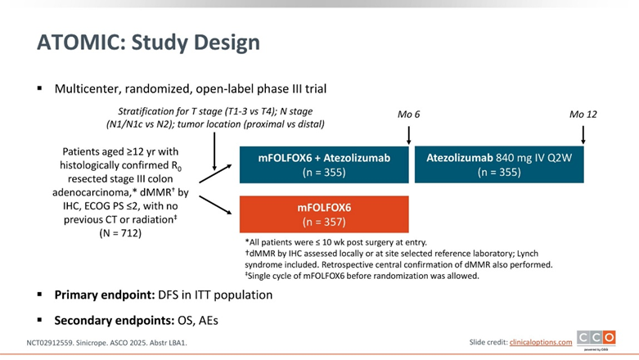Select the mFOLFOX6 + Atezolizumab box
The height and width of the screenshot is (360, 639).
pos(324,164)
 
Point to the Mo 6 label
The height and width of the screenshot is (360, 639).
pos(409,114)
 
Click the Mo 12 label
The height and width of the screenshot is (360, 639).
pos(583,114)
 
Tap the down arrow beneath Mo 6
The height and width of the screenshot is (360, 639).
pos(409,133)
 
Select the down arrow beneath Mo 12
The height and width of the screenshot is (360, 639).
pos(583,133)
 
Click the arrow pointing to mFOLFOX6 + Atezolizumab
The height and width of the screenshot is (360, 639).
pos(215,170)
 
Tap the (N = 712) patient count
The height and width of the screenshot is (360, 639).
pos(121,233)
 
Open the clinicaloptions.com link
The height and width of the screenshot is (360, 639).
pos(541,342)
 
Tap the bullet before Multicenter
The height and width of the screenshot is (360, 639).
pos(39,87)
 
